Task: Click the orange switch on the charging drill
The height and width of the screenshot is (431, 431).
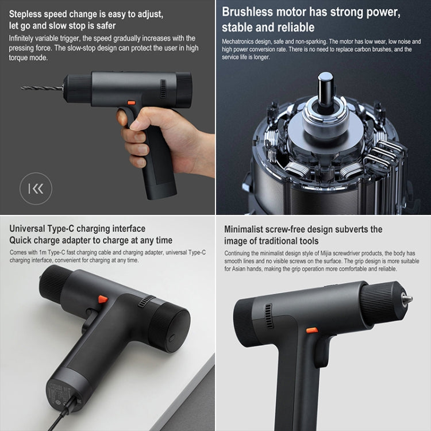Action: (x=103, y=299)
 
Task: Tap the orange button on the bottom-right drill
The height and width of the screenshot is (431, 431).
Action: (x=312, y=330)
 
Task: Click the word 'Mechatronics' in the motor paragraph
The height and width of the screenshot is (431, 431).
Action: (x=238, y=42)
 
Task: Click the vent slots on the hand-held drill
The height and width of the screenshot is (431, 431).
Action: (x=163, y=89)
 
